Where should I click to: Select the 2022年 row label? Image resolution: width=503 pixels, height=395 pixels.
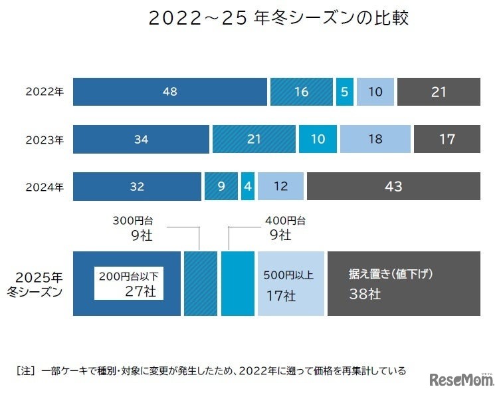(45, 92)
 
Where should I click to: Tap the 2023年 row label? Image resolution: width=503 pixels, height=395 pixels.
(45, 140)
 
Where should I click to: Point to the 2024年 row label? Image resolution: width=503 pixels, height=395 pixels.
(45, 187)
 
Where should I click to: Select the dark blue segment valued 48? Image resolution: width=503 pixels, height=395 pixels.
(169, 92)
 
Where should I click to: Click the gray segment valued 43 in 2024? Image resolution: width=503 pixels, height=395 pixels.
(393, 187)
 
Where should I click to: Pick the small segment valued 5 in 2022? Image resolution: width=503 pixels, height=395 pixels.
(344, 92)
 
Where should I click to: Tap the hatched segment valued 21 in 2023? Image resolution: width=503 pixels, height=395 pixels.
(254, 140)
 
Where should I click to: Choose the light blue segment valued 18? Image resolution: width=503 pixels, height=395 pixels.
(375, 140)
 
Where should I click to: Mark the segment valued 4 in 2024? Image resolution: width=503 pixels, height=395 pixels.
(248, 187)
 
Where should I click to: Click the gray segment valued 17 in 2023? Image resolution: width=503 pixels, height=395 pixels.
(447, 140)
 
